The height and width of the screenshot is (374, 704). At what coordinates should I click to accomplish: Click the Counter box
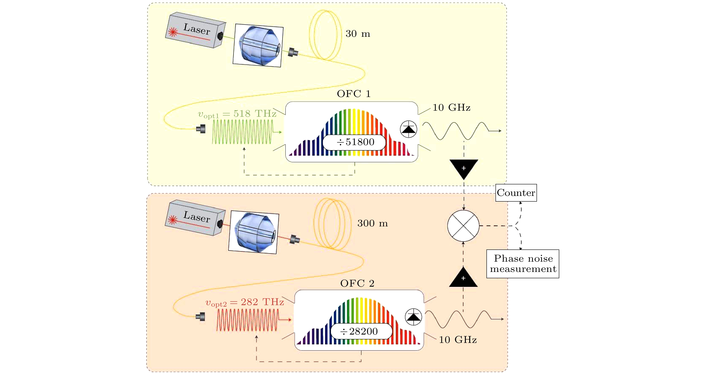point(516,193)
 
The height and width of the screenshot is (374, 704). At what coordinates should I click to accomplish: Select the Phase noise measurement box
point(523,264)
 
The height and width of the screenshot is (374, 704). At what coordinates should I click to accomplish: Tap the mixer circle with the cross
point(463,226)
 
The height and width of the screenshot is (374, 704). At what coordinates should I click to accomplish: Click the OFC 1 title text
point(354,94)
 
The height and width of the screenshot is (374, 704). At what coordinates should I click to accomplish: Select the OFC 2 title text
point(357,283)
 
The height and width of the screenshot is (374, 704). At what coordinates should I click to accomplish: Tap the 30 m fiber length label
point(358,34)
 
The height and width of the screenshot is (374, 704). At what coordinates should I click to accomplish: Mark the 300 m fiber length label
point(372,223)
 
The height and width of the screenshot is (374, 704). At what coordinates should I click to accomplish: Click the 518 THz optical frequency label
point(237,114)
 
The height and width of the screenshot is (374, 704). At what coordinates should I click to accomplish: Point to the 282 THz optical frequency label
point(245,302)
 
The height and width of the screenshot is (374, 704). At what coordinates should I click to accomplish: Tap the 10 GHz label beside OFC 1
point(451,108)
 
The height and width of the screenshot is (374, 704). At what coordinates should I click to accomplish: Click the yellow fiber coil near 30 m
point(325,35)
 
